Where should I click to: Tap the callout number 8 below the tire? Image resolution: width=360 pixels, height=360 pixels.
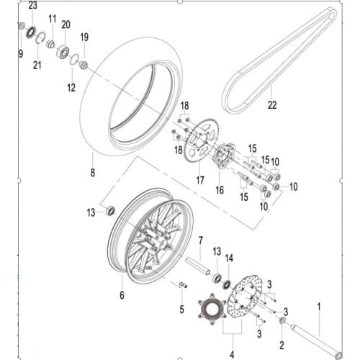click(92, 174)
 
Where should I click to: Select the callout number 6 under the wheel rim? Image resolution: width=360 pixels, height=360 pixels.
click(122, 294)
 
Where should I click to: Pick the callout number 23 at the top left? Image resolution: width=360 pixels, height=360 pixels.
click(32, 5)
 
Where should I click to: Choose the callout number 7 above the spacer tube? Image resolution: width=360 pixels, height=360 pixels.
click(202, 240)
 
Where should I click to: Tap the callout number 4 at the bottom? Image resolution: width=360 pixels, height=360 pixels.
click(231, 353)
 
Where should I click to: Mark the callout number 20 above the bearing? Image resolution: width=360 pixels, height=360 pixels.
click(66, 24)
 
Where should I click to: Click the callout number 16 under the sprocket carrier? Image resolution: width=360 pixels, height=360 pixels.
click(220, 191)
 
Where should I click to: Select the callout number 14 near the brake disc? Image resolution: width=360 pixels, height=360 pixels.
click(230, 257)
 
